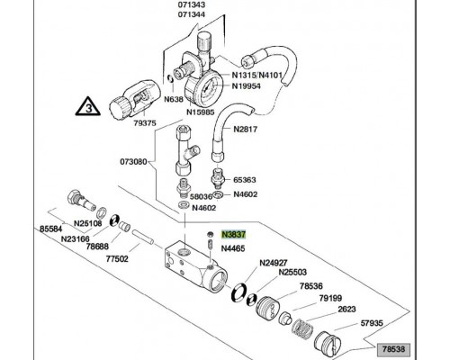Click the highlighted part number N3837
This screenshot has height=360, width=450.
tap(233, 234)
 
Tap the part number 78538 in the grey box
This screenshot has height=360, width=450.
tap(394, 349)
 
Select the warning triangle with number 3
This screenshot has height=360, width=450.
tap(87, 106)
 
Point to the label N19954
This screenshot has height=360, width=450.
tap(247, 86)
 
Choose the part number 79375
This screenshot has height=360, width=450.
tap(145, 123)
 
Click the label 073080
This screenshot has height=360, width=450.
tap(133, 162)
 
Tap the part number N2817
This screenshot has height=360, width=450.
tap(246, 130)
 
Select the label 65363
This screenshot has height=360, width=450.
tap(245, 180)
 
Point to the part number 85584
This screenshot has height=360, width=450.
tap(51, 229)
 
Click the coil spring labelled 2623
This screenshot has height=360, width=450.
tap(302, 329)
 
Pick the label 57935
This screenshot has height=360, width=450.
tap(372, 323)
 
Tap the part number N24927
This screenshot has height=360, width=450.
tap(274, 263)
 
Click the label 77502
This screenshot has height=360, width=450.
tap(117, 259)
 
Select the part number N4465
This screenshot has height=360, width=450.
tap(233, 248)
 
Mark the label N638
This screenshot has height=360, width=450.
tap(174, 99)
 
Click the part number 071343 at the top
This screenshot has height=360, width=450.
tap(192, 4)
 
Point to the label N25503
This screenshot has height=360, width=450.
tap(292, 272)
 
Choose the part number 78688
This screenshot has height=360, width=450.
tap(97, 247)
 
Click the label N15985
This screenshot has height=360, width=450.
tap(201, 112)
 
